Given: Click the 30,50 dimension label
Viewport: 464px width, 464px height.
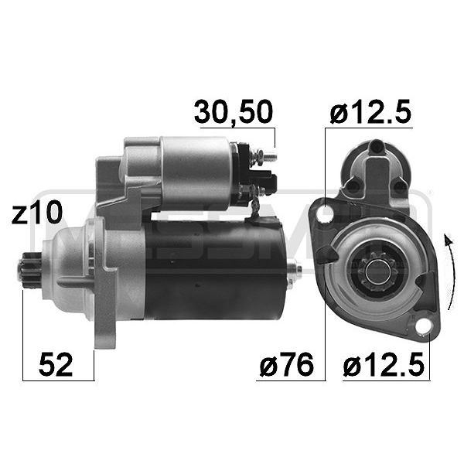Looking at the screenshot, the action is click(233, 112).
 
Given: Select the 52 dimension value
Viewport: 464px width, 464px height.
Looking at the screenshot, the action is click(56, 364).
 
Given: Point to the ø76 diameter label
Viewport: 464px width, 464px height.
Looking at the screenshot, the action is click(286, 364).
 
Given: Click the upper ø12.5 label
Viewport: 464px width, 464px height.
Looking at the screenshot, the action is click(370, 111).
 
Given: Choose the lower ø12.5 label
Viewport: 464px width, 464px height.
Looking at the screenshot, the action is click(384, 364).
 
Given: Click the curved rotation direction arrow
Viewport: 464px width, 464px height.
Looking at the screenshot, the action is click(450, 271).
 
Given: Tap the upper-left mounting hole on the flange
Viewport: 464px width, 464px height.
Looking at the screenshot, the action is click(326, 214).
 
